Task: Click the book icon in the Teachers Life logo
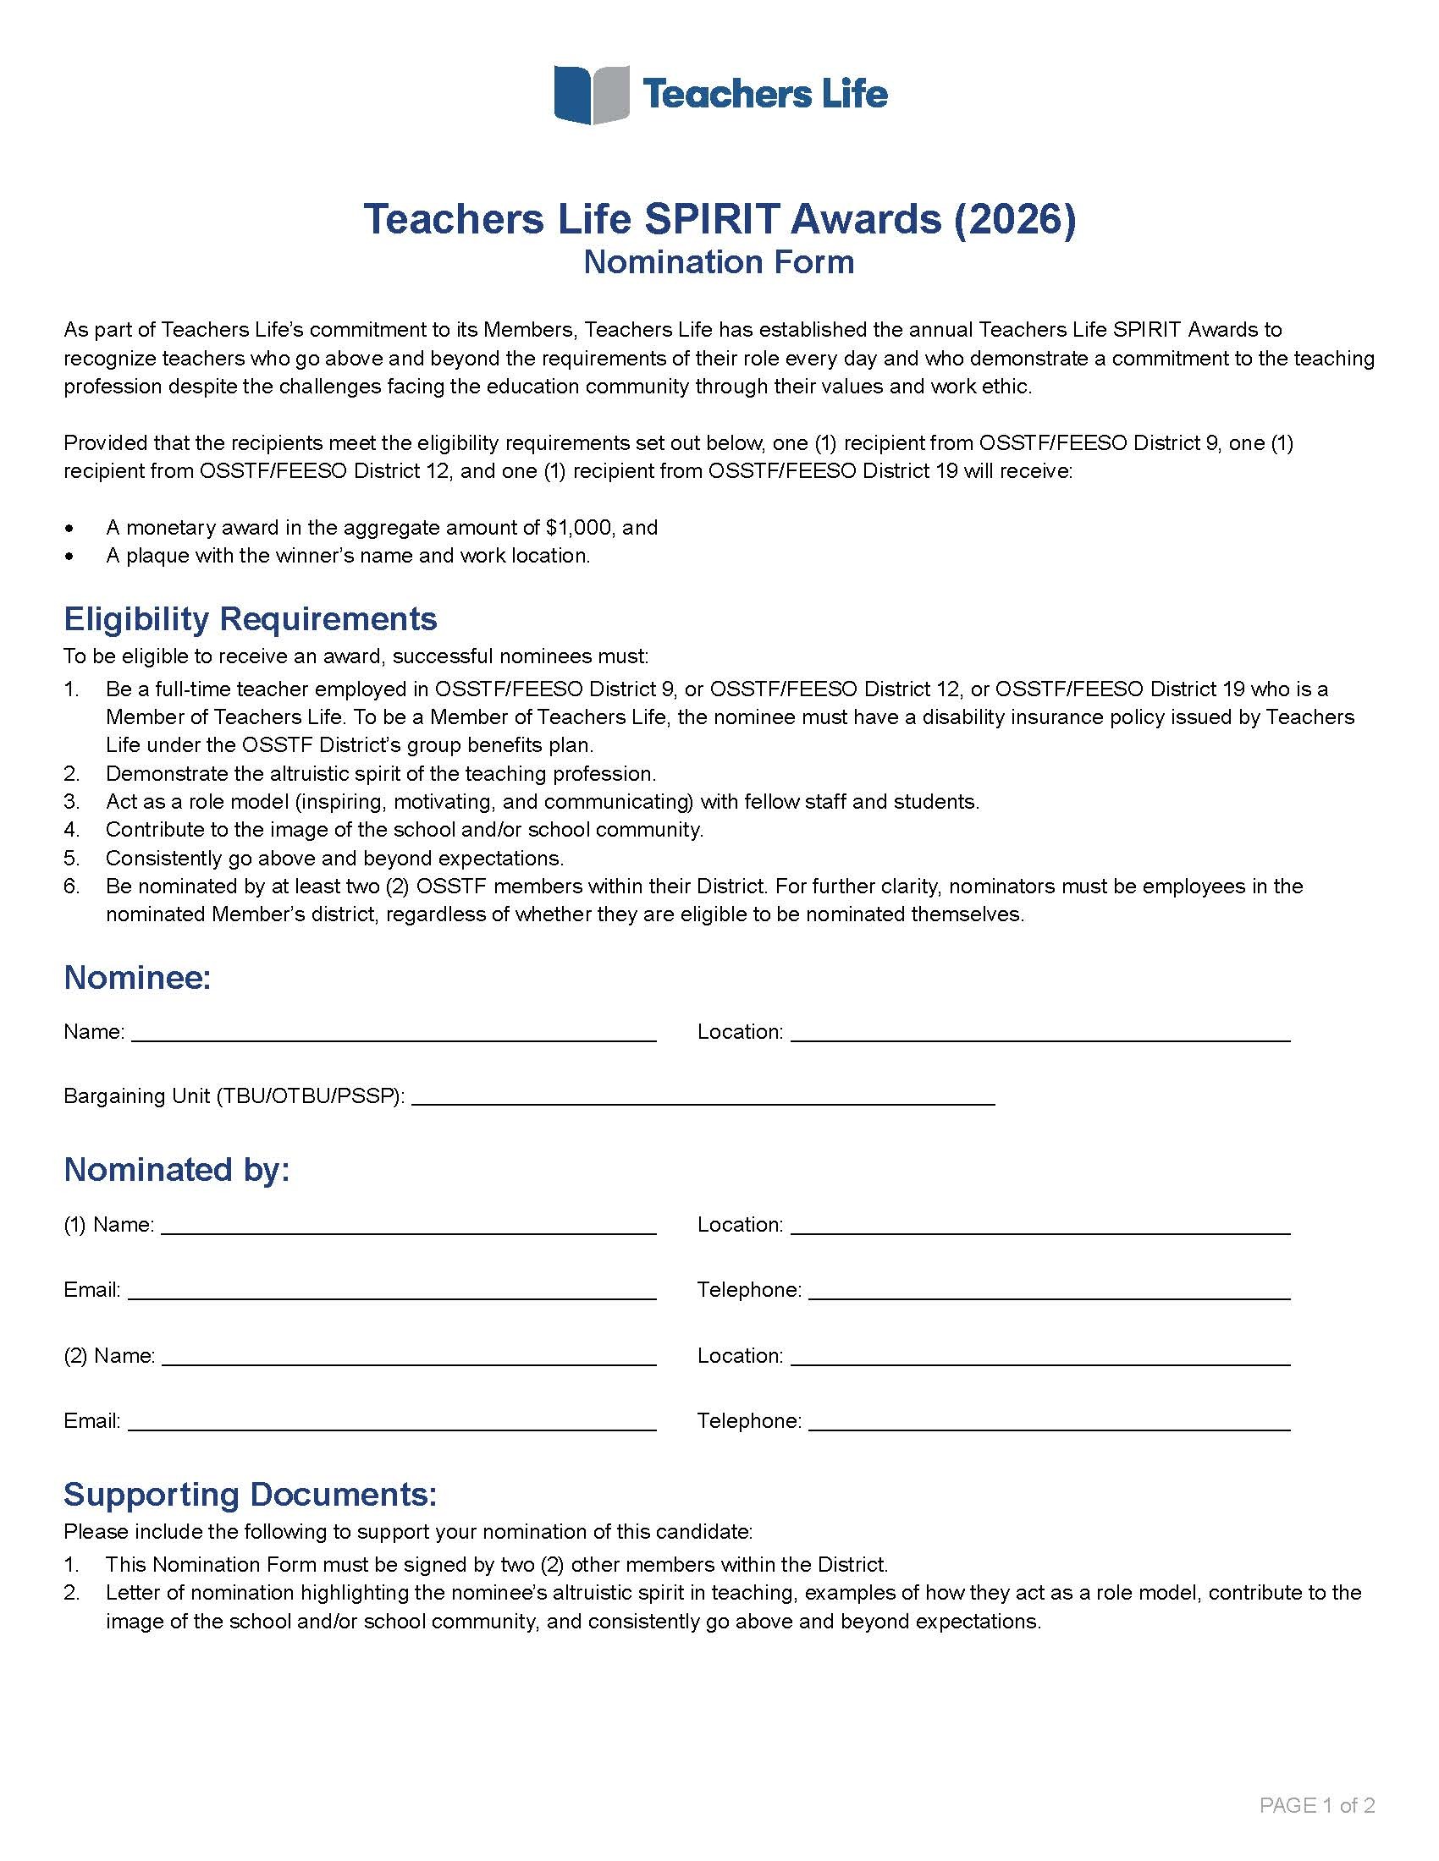point(592,95)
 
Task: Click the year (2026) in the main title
point(1014,219)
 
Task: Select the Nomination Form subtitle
point(719,261)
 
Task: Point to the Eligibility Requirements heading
point(250,618)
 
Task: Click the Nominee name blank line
point(394,1034)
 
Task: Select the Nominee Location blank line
point(1040,1034)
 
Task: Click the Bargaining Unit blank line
point(703,1097)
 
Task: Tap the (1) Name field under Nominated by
point(408,1227)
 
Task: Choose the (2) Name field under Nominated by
point(408,1358)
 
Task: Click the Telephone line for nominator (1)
point(1049,1292)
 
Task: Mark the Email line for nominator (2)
point(392,1423)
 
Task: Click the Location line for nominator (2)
point(1040,1358)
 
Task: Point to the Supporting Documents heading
point(250,1495)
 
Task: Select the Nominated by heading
point(176,1170)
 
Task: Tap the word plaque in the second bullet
point(157,556)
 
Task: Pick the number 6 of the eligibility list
point(71,887)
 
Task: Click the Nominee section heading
point(137,977)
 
